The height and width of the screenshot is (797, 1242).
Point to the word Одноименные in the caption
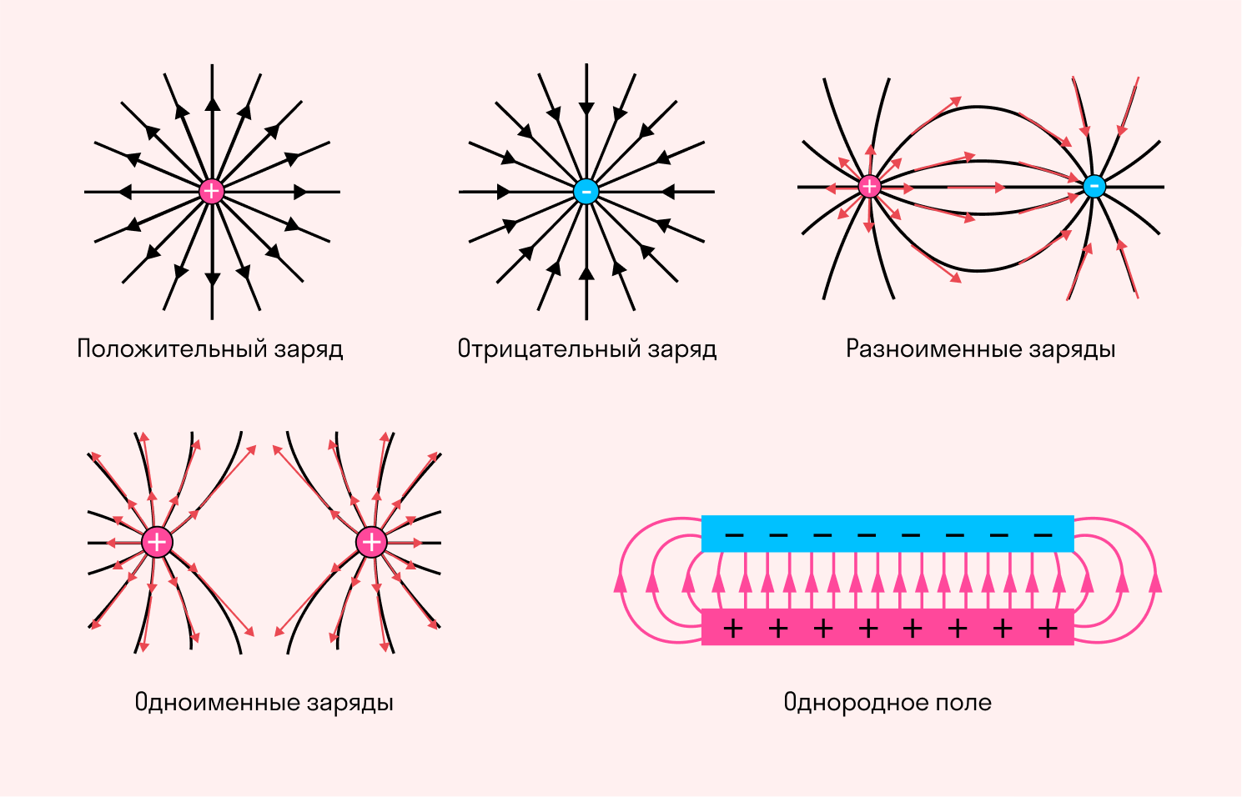(217, 702)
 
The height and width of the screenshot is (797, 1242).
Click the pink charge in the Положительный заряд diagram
(213, 192)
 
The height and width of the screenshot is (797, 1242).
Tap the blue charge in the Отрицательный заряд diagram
(586, 192)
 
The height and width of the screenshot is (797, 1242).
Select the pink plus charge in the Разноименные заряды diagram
(869, 187)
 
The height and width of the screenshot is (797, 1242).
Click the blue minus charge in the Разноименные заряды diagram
(1094, 187)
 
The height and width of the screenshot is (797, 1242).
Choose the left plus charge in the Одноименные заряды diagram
(156, 543)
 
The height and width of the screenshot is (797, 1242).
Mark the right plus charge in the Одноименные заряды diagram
(371, 543)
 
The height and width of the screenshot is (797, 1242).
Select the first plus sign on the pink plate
(733, 628)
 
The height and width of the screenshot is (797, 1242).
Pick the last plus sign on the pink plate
(1048, 628)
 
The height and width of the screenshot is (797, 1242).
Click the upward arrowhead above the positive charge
(213, 103)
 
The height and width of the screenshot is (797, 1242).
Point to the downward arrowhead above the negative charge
(586, 108)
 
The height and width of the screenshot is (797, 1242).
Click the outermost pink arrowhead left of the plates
(620, 582)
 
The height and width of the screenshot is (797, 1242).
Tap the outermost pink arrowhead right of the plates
(1155, 582)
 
